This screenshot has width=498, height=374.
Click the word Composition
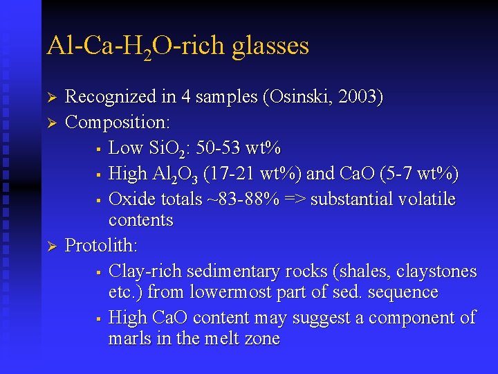[x=117, y=123]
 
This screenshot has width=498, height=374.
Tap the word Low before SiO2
[x=125, y=148]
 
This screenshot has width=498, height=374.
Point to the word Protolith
[x=101, y=245]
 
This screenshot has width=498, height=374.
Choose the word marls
[x=129, y=339]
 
